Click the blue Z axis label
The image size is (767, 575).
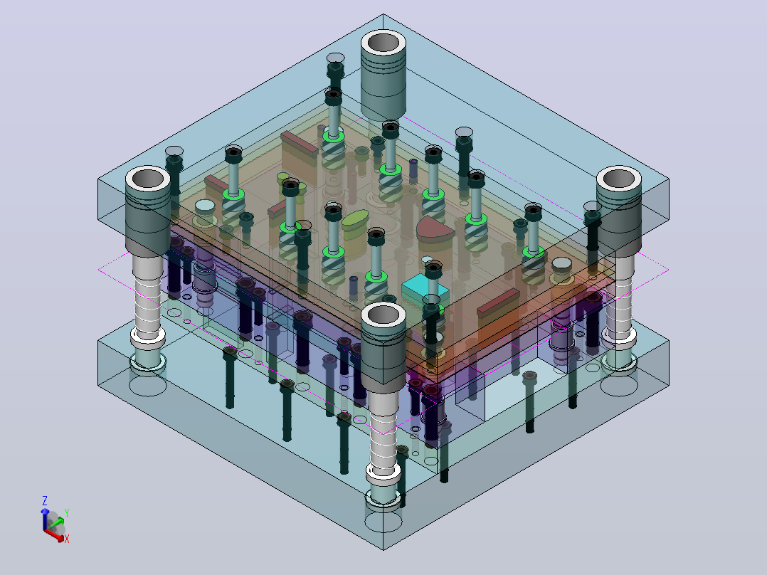[45, 500]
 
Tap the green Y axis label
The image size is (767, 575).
[67, 513]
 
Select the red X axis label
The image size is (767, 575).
[67, 539]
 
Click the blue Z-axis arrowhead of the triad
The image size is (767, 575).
[45, 512]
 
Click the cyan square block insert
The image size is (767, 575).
[425, 292]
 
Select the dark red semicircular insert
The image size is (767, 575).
[435, 230]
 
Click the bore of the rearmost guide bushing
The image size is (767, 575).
[383, 43]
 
